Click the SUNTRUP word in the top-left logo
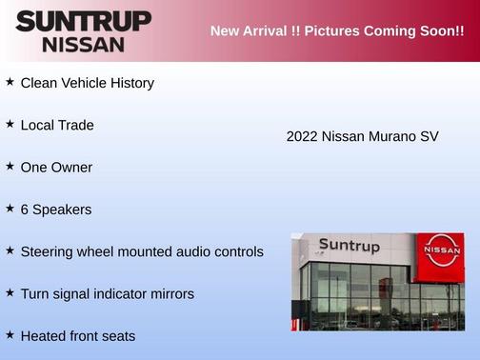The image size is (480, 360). point(84,21)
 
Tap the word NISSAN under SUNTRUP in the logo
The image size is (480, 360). point(84,44)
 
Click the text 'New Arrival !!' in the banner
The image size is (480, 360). point(251,31)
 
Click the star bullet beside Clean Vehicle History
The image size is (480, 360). point(10,82)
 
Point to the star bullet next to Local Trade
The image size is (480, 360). point(10,124)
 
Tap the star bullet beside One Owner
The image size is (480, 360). point(10,166)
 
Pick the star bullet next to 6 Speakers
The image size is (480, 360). point(10,208)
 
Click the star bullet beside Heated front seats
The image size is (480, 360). point(10,334)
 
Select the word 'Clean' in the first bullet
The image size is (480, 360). point(40,83)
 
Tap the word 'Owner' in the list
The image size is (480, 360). point(72,167)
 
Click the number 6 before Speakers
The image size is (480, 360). point(25,210)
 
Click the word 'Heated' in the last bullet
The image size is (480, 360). point(43,335)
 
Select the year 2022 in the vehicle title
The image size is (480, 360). point(302,136)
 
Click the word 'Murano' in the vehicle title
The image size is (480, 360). point(391,136)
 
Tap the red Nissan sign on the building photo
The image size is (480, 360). point(443,250)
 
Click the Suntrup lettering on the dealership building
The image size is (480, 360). point(349,246)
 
